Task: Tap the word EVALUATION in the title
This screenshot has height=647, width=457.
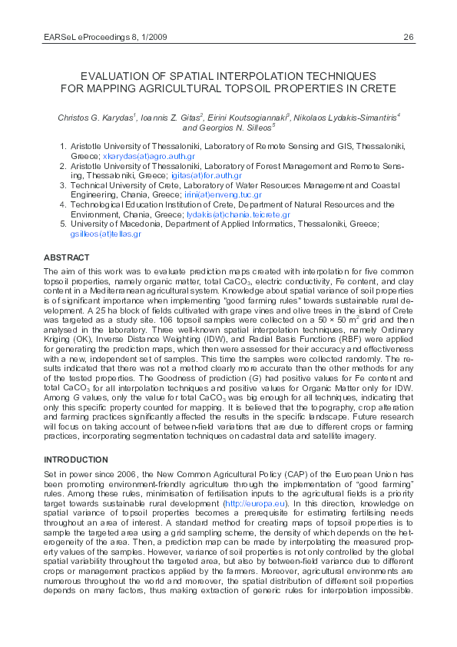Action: [117, 76]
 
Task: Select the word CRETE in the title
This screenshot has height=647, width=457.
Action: [374, 88]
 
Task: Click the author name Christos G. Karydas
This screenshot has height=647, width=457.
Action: [95, 118]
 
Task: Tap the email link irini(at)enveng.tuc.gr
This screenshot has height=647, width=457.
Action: [221, 195]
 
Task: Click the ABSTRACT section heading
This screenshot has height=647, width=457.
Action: [67, 257]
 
